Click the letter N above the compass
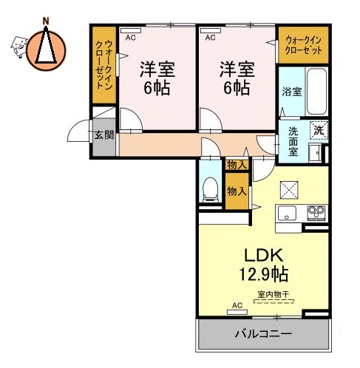(46, 19)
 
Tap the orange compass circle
(46, 51)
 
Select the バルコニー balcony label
(262, 333)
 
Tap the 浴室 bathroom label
(291, 92)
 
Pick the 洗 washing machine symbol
(318, 130)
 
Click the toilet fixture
(210, 188)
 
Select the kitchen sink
(287, 214)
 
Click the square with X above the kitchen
(288, 189)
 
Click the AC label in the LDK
(237, 305)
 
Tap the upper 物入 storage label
(237, 165)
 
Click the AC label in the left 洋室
(131, 36)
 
